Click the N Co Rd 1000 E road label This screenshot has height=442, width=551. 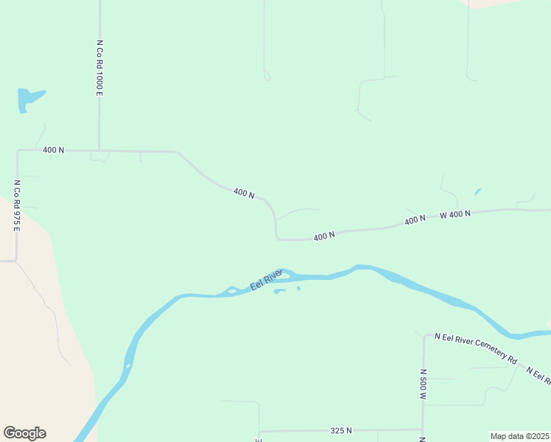point(99,68)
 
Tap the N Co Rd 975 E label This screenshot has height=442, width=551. point(16,205)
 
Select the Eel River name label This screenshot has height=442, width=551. point(266,280)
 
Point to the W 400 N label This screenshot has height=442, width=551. point(455,215)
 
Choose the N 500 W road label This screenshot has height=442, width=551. point(424,385)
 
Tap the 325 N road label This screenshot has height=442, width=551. point(340,430)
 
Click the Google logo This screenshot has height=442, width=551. point(24,433)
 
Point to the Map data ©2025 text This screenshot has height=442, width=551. point(519,436)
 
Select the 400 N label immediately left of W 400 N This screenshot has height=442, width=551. point(415,220)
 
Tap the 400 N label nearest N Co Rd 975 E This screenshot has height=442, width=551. point(53,150)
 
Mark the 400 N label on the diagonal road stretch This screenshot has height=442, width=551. point(244,193)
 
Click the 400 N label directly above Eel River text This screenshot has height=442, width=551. point(324,236)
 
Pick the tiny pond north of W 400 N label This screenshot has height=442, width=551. point(477,192)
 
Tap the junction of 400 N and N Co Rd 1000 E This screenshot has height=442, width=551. point(99,151)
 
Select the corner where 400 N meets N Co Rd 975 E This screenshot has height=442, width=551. point(17,151)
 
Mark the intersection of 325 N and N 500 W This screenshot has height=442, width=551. point(422,429)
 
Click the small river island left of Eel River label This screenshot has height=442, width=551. point(231,291)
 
